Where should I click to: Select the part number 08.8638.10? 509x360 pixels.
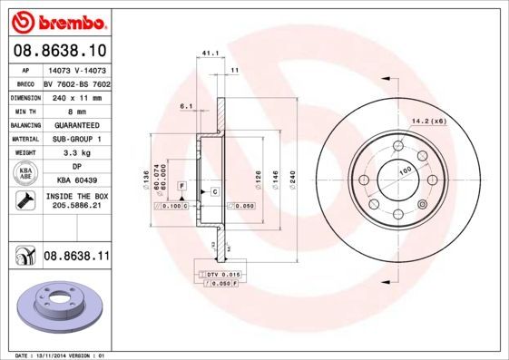click(60, 49)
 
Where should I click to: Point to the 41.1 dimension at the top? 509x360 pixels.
click(209, 52)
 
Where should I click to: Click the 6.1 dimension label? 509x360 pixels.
click(187, 106)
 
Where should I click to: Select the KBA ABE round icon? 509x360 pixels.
click(26, 174)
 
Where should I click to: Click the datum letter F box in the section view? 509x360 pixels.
click(182, 185)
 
